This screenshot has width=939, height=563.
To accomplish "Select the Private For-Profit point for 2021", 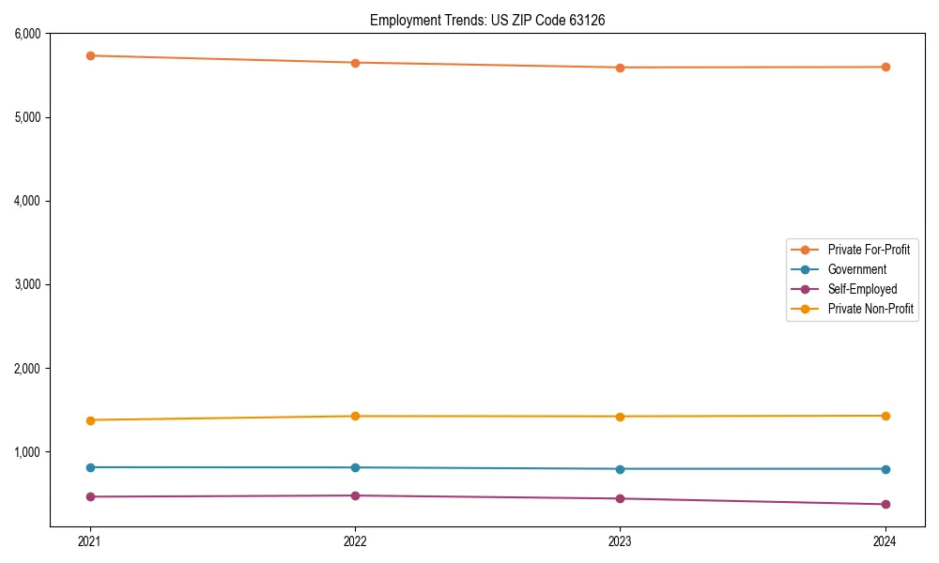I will (x=90, y=55).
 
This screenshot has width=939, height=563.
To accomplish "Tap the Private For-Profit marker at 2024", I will (x=885, y=67).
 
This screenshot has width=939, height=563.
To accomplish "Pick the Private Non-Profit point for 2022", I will (x=355, y=416).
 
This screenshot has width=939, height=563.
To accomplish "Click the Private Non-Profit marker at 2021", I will (x=90, y=419).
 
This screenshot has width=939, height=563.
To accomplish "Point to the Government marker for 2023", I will (x=620, y=468).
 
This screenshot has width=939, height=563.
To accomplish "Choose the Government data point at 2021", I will (x=90, y=467).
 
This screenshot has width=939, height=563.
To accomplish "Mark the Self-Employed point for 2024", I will (x=885, y=504).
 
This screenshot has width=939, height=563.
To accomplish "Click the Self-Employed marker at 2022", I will (x=355, y=495).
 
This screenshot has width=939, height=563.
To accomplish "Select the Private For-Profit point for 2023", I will (x=620, y=68).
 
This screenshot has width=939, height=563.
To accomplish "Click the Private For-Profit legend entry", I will (x=869, y=250).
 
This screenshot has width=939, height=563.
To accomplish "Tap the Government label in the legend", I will (x=856, y=269).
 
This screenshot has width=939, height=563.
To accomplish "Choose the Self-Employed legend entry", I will (x=862, y=289).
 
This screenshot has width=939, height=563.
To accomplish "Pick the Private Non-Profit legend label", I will (x=870, y=309).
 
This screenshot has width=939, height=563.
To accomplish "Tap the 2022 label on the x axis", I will (x=355, y=540).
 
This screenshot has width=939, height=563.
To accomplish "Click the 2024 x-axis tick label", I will (x=885, y=540).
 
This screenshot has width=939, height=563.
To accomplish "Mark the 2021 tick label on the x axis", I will (x=90, y=540).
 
